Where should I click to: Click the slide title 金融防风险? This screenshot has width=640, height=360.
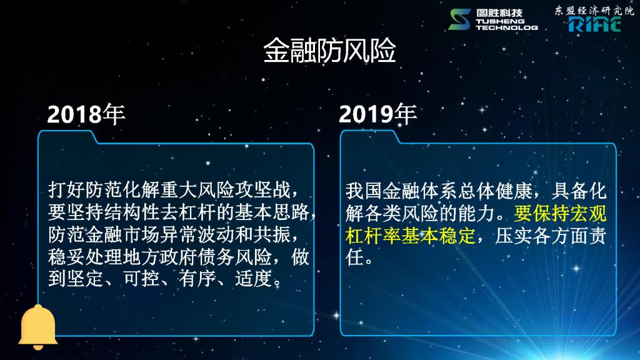tap(329, 51)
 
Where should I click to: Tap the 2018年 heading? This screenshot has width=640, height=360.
tap(86, 114)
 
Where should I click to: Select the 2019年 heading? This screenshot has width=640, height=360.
tap(377, 114)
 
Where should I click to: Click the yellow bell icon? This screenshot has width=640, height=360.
tap(38, 327)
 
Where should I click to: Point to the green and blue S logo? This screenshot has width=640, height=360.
tap(459, 19)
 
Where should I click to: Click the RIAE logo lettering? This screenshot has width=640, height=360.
tap(595, 24)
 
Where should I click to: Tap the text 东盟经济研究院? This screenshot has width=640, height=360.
tap(594, 11)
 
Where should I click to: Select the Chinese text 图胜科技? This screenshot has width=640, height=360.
tap(499, 13)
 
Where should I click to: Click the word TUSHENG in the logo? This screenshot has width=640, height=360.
tap(500, 21)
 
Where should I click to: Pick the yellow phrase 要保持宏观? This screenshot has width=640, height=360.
tap(560, 213)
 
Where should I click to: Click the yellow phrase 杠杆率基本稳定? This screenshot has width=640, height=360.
tap(410, 236)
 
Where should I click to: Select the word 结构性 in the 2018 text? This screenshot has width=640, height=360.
tap(132, 212)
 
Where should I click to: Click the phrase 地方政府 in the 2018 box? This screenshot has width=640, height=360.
tap(160, 257)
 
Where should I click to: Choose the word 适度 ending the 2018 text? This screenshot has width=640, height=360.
tap(254, 279)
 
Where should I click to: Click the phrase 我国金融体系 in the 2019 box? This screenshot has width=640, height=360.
tap(402, 191)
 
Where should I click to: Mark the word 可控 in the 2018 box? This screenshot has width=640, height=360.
tap(141, 279)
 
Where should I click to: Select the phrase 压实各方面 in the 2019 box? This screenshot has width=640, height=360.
tap(541, 236)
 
